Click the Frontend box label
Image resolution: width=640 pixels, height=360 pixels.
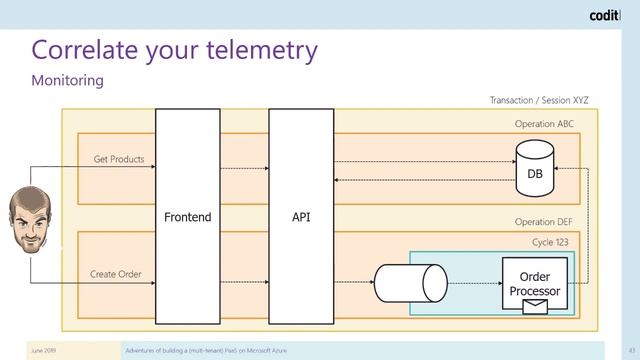(x=187, y=217)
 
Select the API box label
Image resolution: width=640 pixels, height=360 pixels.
(x=301, y=217)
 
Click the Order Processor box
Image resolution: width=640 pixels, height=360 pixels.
(x=535, y=281)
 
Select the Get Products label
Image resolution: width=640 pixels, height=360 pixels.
(x=119, y=159)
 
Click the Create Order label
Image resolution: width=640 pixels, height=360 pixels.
(x=116, y=274)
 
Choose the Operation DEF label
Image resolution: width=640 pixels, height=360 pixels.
(x=544, y=222)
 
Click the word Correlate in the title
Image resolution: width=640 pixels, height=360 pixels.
(x=91, y=49)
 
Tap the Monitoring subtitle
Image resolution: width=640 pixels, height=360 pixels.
(x=68, y=80)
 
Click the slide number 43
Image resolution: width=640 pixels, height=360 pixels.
(x=632, y=351)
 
